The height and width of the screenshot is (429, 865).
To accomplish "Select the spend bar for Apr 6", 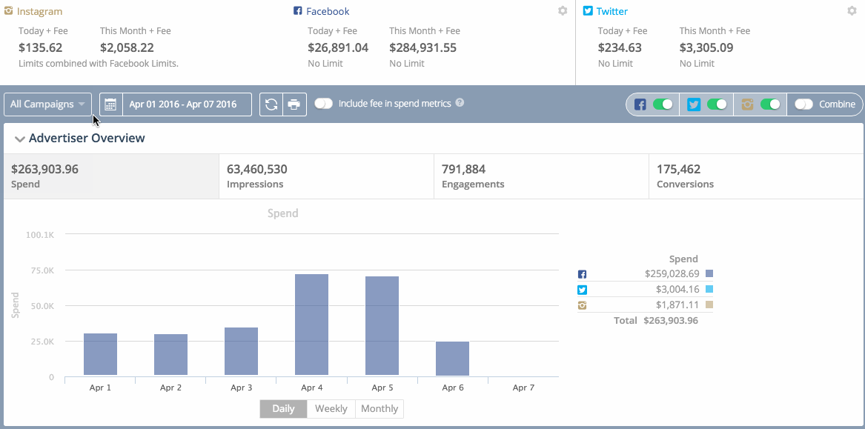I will point(452,359).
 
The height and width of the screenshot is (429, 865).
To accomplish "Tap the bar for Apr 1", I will point(100,354).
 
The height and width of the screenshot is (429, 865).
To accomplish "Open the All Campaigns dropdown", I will point(47,104).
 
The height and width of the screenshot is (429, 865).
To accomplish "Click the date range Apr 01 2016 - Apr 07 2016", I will point(182,104).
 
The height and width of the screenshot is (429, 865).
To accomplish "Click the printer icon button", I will point(294,104).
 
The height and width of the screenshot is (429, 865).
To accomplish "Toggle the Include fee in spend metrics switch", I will point(323,104).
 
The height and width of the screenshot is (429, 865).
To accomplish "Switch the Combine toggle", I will point(803,104).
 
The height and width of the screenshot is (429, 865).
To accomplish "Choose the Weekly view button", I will point(331,409).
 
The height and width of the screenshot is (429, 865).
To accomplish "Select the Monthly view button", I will point(380,409).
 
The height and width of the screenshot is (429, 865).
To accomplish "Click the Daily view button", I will point(283,409).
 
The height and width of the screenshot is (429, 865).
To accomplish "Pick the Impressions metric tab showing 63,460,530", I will point(326,176).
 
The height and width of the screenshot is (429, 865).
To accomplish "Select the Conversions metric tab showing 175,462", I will point(755,176).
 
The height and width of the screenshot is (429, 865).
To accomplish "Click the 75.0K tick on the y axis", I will point(42,270).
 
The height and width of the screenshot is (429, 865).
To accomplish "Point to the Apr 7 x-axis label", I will point(523,388).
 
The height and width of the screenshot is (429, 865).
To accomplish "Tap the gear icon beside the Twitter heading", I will point(852,11).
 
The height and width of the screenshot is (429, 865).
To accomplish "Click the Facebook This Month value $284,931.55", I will point(422,47).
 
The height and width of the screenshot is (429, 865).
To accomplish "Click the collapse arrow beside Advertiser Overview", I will point(19,139).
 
